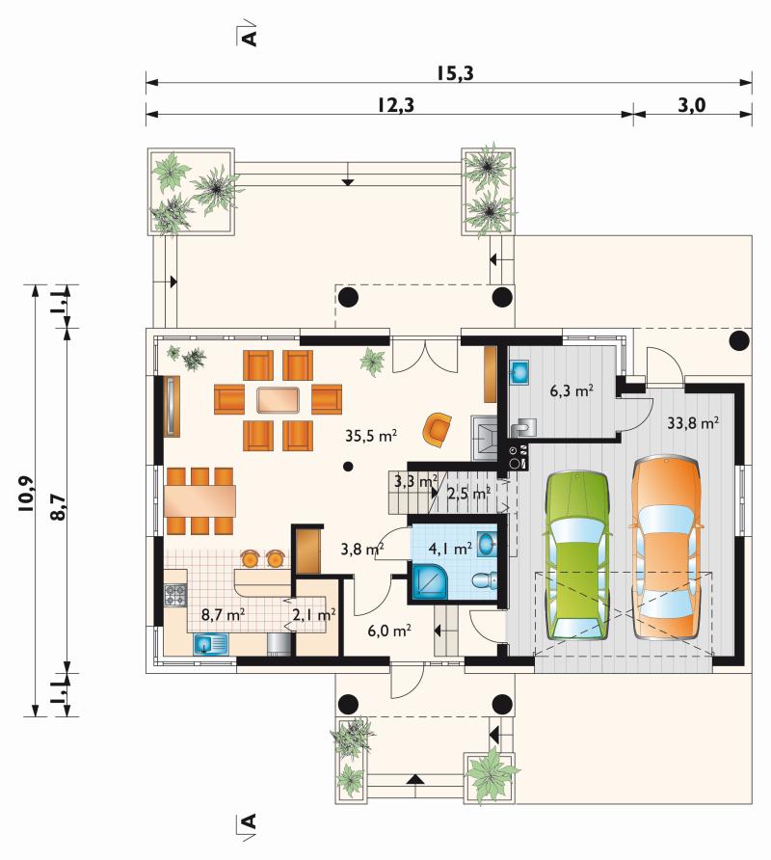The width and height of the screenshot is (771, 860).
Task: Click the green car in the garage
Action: [576, 555]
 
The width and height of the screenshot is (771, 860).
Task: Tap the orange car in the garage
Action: [667, 548]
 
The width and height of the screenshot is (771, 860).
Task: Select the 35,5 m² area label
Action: [371, 436]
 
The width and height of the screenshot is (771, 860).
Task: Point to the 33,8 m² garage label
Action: [693, 422]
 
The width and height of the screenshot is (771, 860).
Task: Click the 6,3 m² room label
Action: [572, 390]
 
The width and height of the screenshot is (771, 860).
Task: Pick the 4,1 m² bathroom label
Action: [450, 548]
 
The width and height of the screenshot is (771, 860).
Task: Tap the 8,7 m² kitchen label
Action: [223, 614]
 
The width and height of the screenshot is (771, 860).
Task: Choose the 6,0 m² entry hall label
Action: [389, 631]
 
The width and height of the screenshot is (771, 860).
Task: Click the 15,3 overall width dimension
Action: [455, 73]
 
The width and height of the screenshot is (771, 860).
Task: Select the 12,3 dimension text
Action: [395, 104]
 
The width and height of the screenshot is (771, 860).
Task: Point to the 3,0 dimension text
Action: [691, 104]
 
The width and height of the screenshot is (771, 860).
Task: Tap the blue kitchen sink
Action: [210, 644]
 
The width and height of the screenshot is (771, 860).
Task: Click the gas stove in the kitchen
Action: [175, 595]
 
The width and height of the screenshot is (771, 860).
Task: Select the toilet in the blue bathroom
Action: [484, 580]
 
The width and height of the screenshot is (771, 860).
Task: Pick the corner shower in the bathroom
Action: [430, 582]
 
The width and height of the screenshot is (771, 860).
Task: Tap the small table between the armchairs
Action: [278, 400]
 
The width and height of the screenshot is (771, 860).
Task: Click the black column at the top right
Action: [738, 340]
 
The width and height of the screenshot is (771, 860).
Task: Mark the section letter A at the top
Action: [249, 38]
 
